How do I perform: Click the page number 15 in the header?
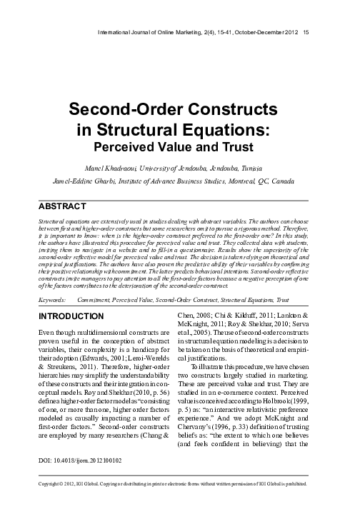306,31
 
